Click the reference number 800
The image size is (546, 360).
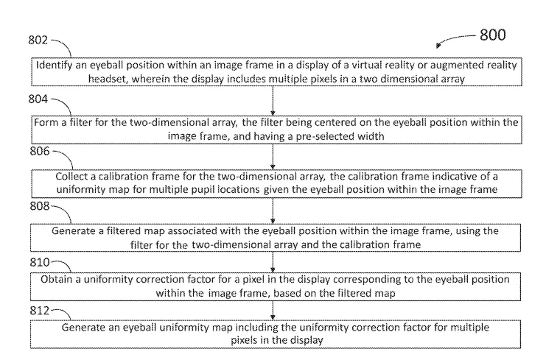(492, 35)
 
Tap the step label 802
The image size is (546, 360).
(38, 40)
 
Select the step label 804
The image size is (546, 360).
(38, 99)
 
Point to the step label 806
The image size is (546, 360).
(40, 151)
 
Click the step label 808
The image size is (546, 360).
(40, 206)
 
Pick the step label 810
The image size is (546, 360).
(40, 262)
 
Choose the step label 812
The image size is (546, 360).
(40, 310)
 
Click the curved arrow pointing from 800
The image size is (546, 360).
(455, 38)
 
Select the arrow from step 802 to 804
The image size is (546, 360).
(273, 101)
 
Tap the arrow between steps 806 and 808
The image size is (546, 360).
(273, 211)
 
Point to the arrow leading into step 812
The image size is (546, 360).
(273, 310)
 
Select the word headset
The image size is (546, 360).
(104, 79)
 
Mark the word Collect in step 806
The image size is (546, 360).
(71, 177)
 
